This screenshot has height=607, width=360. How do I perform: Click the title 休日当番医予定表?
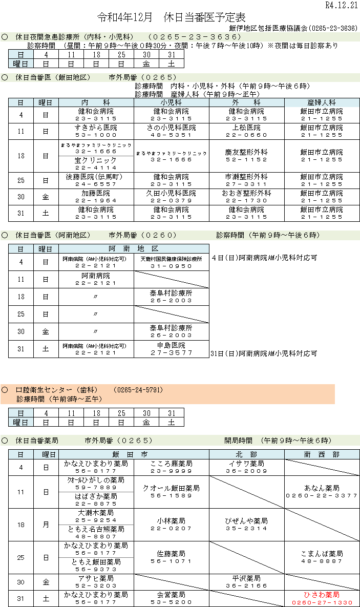pyautogui.click(x=204, y=17)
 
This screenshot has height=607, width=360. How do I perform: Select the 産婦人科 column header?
pyautogui.click(x=322, y=102)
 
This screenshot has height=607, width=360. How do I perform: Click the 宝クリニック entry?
pyautogui.click(x=96, y=160)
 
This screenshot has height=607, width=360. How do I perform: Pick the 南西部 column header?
pyautogui.click(x=322, y=454)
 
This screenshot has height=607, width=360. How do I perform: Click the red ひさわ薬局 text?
pyautogui.click(x=322, y=595)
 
